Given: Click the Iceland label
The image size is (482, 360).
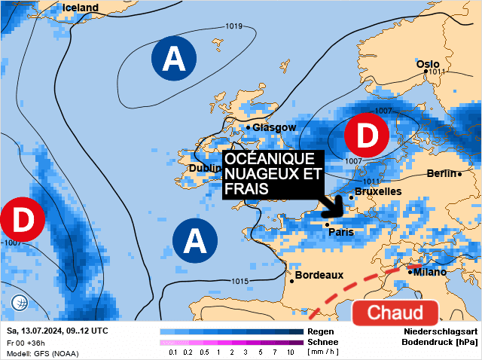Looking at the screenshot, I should (x=80, y=8).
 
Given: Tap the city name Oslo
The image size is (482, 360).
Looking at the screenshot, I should (x=428, y=63).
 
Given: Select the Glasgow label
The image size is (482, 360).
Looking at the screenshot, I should (x=274, y=127).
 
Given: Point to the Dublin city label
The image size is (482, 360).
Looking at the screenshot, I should (x=205, y=169).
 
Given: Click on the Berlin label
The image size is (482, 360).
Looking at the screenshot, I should (x=441, y=173).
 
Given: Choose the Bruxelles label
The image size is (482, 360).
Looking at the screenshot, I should (x=377, y=191).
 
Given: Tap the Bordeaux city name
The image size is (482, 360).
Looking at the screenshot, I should (x=319, y=276).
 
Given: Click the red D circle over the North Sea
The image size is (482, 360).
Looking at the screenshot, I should (x=367, y=136).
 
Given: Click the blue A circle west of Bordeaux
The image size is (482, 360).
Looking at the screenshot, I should (x=195, y=241).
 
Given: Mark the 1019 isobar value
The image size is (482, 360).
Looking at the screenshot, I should (x=234, y=26).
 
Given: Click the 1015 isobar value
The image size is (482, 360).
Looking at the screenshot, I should (x=239, y=281).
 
